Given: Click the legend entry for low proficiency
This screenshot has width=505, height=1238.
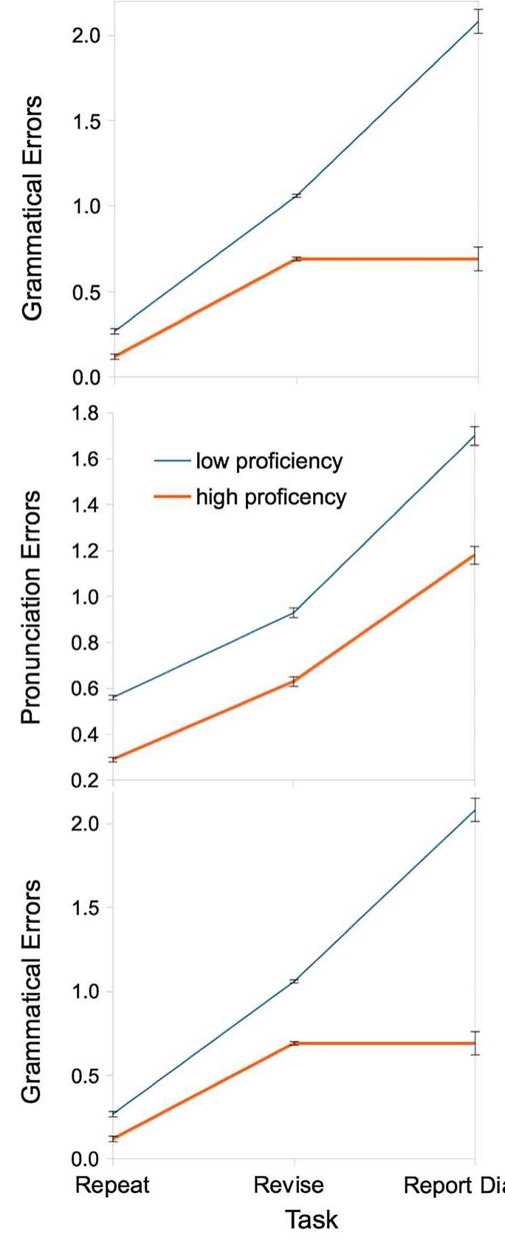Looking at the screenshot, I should click(x=269, y=462).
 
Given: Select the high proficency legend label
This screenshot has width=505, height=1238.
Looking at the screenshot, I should click(x=270, y=497).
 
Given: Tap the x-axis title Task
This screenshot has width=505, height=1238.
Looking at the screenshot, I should click(x=311, y=1219).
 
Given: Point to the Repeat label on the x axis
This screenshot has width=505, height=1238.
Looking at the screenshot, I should click(x=113, y=1185).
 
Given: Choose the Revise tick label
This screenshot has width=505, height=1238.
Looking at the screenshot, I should click(x=289, y=1185).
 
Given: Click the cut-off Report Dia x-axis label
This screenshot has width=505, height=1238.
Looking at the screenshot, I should click(x=453, y=1185).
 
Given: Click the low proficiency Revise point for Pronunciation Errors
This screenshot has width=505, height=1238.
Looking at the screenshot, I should click(x=294, y=612).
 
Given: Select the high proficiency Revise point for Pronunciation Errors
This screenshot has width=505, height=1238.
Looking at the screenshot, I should click(x=294, y=682).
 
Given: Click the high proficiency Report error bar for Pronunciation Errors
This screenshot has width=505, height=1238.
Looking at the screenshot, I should click(x=475, y=556).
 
